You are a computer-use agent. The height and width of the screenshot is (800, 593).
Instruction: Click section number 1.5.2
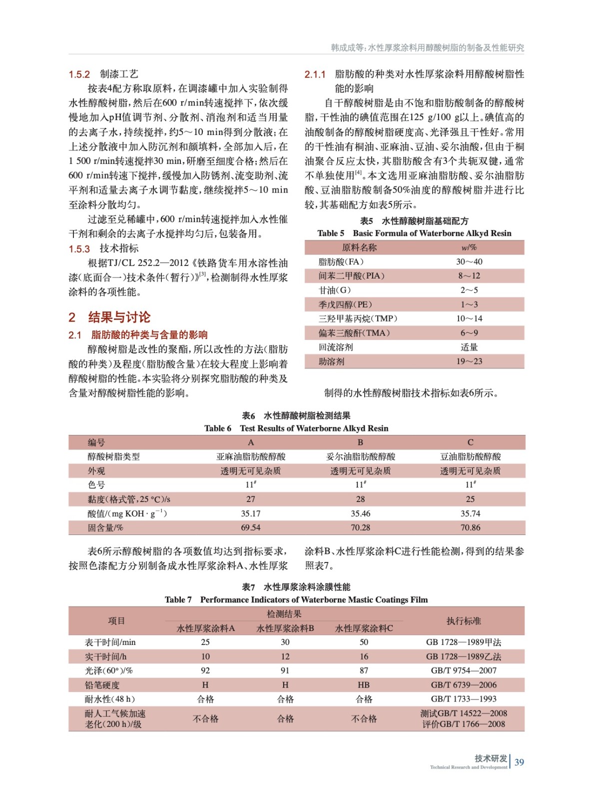coord(79,74)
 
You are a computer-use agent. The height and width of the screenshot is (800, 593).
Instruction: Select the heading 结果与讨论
coord(119,317)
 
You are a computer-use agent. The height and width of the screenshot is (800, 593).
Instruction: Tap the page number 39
coord(519,762)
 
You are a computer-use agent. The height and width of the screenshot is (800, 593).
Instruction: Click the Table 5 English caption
coord(414,233)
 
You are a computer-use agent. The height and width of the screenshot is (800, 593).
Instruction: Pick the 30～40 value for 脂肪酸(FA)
coord(469,261)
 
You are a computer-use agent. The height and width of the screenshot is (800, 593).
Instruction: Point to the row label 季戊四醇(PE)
coord(345,304)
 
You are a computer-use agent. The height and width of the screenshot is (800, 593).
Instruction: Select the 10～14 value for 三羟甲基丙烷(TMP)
coord(469,318)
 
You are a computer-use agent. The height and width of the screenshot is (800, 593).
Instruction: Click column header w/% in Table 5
coord(469,247)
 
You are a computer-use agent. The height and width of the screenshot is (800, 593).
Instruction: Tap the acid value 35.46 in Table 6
coord(360,513)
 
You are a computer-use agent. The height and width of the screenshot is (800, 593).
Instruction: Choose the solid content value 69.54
coord(251,527)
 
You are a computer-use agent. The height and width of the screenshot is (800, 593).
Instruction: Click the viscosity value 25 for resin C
coord(470,499)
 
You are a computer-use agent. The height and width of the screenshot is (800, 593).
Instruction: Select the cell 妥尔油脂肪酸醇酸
coord(360,456)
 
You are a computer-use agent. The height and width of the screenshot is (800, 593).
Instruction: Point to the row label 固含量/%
coord(105,527)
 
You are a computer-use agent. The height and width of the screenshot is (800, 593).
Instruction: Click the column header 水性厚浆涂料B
coord(285,628)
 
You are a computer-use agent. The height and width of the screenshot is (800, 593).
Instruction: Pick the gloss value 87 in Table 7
coord(364,670)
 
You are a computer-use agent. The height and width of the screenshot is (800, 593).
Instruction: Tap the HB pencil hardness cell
coord(364,685)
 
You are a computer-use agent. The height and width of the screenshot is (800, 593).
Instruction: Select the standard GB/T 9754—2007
coord(464,670)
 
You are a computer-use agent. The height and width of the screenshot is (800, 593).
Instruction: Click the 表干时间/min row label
coord(110,642)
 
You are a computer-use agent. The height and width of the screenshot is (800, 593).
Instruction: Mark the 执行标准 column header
coord(464,621)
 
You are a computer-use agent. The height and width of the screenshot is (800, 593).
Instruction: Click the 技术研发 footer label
coord(491,758)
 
